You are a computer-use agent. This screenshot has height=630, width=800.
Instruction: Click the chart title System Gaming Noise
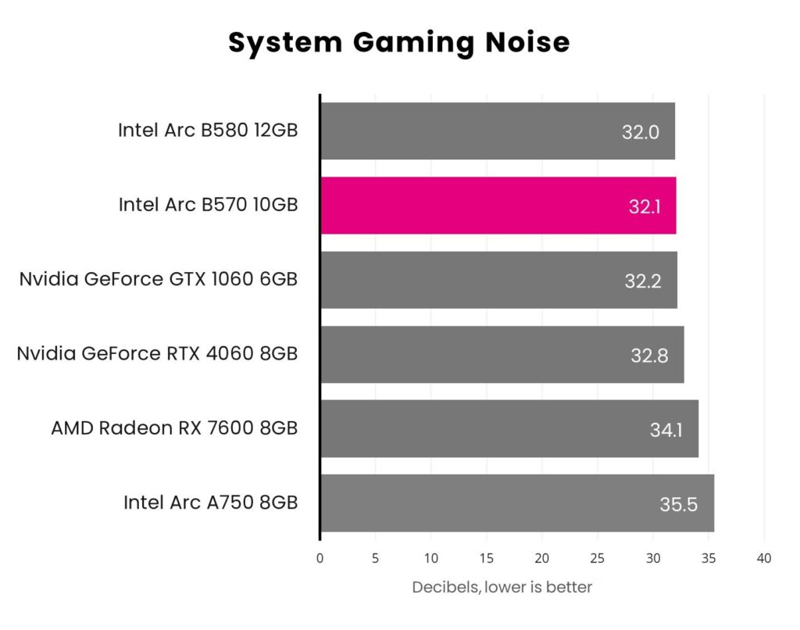pos(399,42)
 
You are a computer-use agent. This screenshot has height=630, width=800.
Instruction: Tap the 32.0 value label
pos(641,132)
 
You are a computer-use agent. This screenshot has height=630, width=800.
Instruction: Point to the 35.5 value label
pos(678,504)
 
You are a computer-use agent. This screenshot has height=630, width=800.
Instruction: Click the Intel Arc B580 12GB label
pos(208,130)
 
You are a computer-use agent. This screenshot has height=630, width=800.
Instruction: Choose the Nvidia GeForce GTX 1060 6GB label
pos(159,279)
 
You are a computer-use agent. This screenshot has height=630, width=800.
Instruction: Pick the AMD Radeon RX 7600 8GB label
pos(174,428)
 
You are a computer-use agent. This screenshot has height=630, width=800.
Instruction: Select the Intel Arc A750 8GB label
pos(210,502)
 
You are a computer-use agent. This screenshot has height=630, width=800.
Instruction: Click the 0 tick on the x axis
pos(320,558)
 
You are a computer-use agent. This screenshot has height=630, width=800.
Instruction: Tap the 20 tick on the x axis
pos(542,558)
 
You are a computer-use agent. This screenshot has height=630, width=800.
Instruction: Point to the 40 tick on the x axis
pos(764,558)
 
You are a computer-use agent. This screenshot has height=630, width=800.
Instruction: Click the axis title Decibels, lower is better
pos(502,587)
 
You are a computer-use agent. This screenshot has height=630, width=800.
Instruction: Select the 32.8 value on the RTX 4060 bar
pos(649,356)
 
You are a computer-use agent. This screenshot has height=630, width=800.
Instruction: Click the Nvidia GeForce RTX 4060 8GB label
pos(157,353)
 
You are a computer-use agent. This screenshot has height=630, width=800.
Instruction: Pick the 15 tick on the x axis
pos(486,558)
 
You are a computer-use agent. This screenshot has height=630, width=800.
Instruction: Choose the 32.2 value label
pos(643,281)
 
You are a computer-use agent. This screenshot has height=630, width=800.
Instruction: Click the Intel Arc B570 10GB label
pos(208,205)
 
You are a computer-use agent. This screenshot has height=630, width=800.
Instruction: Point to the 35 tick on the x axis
pos(709,558)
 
